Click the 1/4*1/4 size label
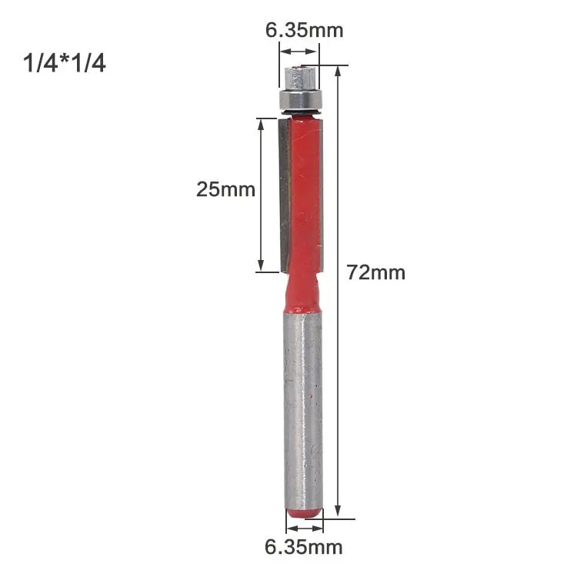(x=65, y=62)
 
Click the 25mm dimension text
(x=225, y=189)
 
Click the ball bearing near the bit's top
(x=299, y=101)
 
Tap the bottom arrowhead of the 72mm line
(x=337, y=510)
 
